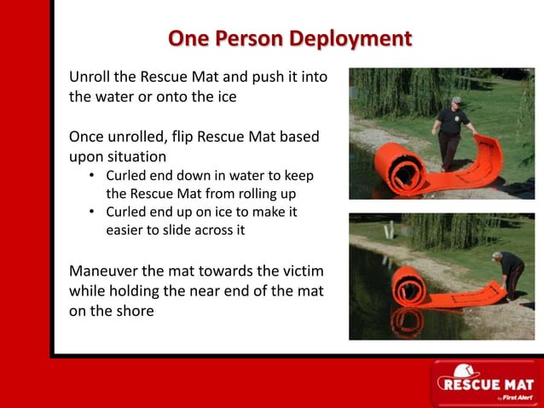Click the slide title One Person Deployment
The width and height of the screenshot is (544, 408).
[290, 38]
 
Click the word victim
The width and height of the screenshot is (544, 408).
[302, 271]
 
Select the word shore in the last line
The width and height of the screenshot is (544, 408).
[134, 311]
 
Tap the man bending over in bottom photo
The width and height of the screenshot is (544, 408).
[510, 271]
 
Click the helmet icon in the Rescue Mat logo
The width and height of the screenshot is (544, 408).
[464, 371]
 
